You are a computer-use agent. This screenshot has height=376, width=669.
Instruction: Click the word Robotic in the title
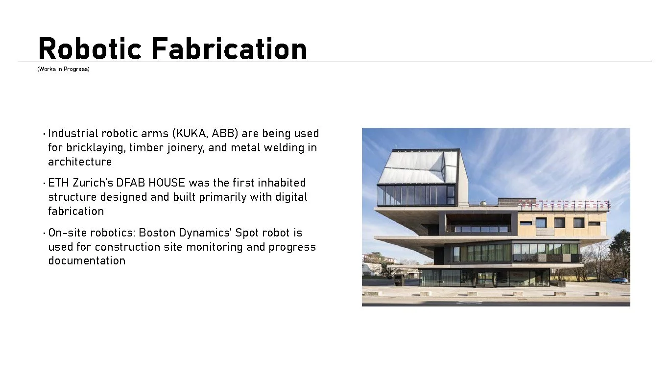pos(90,49)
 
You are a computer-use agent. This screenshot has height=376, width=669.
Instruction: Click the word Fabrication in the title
pos(229,49)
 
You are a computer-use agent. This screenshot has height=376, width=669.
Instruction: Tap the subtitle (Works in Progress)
pos(63,69)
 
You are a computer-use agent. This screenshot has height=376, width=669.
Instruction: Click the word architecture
pos(80,162)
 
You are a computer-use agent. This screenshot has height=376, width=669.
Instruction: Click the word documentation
pos(87,261)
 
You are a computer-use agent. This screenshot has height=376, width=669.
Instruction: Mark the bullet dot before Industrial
pos(44,134)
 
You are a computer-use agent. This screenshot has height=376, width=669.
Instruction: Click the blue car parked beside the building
pos(619,281)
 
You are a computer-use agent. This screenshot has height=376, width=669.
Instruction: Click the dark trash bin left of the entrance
pos(399,280)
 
